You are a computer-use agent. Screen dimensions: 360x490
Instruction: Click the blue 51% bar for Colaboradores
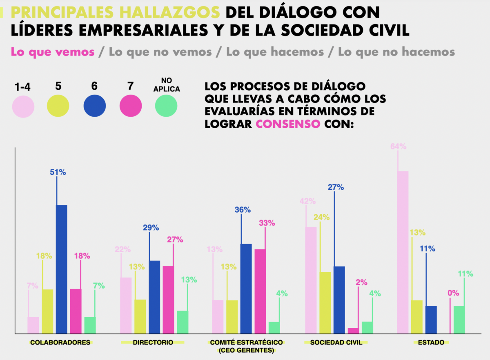pyautogui.click(x=61, y=269)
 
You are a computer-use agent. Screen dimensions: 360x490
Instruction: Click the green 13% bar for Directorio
pyautogui.click(x=183, y=322)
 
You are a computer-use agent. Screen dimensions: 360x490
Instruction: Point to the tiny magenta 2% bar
pyautogui.click(x=353, y=331)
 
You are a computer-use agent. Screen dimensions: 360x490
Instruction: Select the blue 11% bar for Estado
pyautogui.click(x=431, y=320)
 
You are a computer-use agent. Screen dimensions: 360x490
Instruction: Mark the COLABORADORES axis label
pyautogui.click(x=60, y=342)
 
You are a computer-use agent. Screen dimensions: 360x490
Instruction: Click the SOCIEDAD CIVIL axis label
pyautogui.click(x=336, y=342)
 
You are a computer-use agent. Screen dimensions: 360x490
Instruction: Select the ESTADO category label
pyautogui.click(x=431, y=342)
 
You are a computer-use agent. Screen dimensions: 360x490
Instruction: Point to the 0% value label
pyautogui.click(x=453, y=293)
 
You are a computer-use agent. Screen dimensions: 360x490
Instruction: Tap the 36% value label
pyautogui.click(x=243, y=210)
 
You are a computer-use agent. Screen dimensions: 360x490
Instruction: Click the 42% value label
pyautogui.click(x=307, y=201)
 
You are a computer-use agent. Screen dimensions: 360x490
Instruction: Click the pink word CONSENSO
pyautogui.click(x=287, y=124)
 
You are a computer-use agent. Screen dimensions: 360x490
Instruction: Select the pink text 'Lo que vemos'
pyautogui.click(x=53, y=52)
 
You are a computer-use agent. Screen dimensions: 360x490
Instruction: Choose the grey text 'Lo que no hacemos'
pyautogui.click(x=396, y=52)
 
